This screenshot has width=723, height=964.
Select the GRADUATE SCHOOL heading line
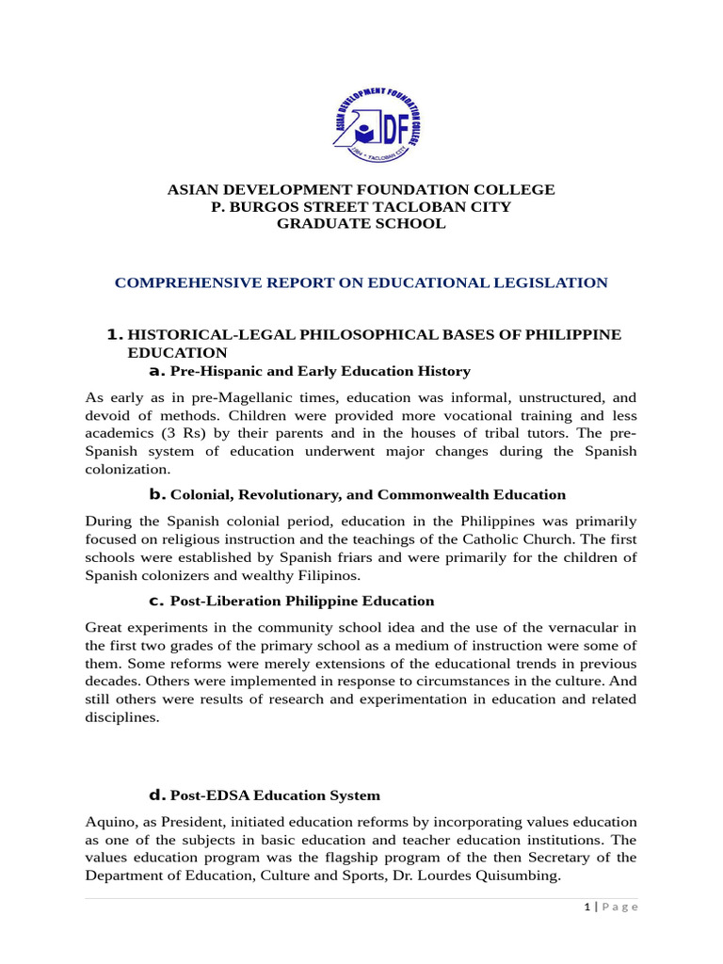361,224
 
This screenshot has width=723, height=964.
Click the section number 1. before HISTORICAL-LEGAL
115,335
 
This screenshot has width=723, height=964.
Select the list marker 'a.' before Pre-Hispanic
157,371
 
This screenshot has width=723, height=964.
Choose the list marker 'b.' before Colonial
157,494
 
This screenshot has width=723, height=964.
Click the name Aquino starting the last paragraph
108,822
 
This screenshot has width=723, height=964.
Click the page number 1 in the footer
586,907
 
